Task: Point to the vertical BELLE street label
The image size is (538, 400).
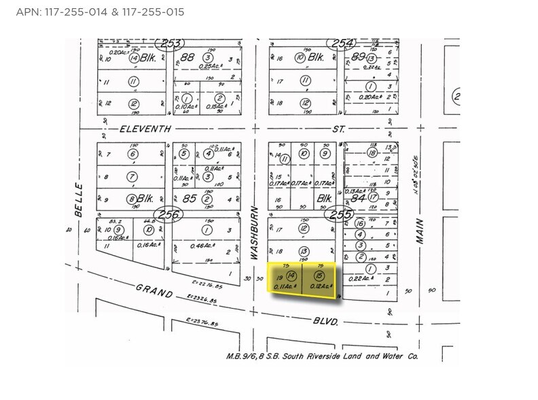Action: [x=79, y=199]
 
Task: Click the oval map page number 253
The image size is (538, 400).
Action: [x=171, y=44]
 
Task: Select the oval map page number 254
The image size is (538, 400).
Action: [x=342, y=44]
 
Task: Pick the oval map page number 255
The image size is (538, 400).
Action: [x=339, y=214]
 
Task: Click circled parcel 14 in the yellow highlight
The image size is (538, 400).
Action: [x=292, y=277]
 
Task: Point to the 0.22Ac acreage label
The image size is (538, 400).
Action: [x=357, y=278]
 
